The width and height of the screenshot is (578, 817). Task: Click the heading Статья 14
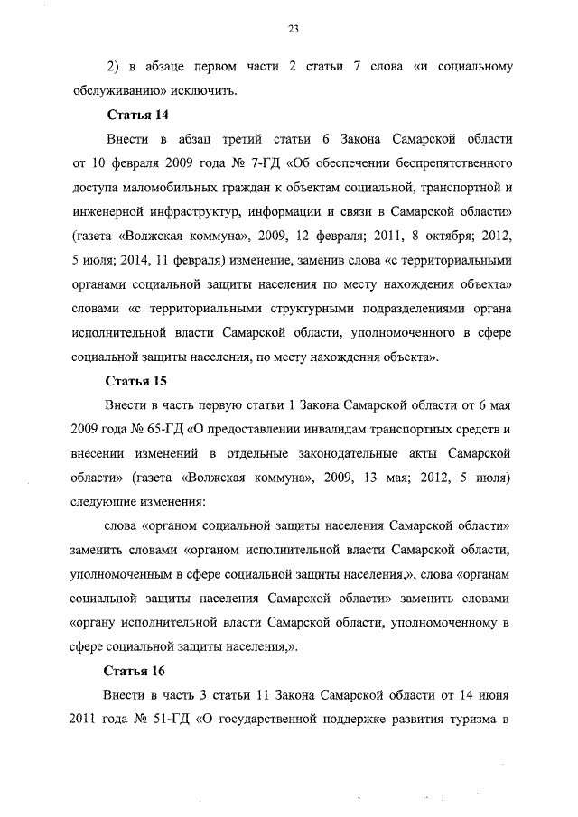tap(137, 116)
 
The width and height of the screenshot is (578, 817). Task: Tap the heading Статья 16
tap(137, 671)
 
